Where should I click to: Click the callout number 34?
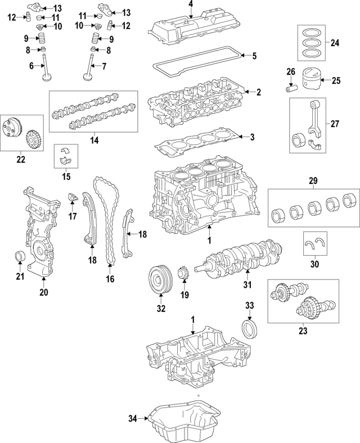pos(132,418)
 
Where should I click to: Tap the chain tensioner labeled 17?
pos(72,198)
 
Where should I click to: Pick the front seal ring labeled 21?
pos(20,257)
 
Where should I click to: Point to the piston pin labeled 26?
pos(292,89)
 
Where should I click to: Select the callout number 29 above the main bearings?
pos(313,180)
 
